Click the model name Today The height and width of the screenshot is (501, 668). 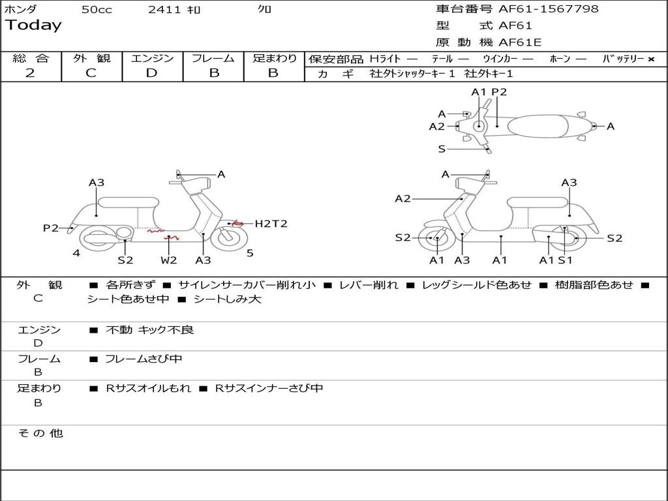(x=33, y=25)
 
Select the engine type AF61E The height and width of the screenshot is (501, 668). (x=520, y=42)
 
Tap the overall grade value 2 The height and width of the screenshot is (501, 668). (x=30, y=73)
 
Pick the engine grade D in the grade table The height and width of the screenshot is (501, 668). (x=152, y=73)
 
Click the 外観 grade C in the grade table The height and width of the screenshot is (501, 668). (x=91, y=73)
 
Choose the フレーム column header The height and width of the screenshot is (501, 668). (x=213, y=58)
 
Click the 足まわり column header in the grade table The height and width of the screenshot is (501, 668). (x=275, y=58)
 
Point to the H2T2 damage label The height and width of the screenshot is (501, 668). (x=271, y=224)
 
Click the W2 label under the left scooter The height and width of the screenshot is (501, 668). (x=169, y=260)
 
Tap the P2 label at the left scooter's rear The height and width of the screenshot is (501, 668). (x=51, y=228)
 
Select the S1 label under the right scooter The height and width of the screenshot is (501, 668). (x=565, y=260)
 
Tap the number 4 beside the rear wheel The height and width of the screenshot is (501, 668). (x=76, y=253)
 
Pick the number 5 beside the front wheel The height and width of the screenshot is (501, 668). (x=250, y=253)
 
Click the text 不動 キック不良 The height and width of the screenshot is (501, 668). (x=149, y=330)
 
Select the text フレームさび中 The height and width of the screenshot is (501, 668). (x=144, y=359)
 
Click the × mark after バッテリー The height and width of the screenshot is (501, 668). (x=651, y=59)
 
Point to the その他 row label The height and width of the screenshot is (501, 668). (x=40, y=433)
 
